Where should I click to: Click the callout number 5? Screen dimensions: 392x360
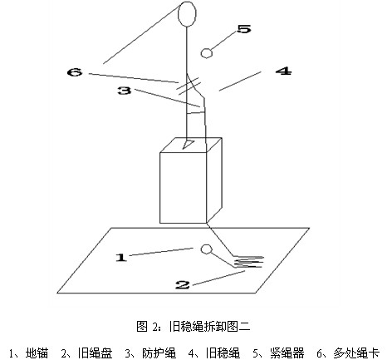[x=244, y=29]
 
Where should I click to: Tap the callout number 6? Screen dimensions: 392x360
[x=75, y=72]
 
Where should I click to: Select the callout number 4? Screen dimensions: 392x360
[x=283, y=71]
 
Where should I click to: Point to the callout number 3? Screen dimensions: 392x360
[x=125, y=91]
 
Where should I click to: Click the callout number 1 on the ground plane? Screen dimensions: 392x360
[x=121, y=258]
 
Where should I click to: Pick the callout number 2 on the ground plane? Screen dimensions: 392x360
[x=183, y=284]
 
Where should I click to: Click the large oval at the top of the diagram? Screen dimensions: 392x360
[x=187, y=14]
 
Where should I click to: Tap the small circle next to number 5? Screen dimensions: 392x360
[x=207, y=53]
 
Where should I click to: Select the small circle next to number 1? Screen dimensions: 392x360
[x=206, y=249]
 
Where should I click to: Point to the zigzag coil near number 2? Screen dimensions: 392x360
[x=247, y=262]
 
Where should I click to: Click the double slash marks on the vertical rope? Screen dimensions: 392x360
[x=189, y=86]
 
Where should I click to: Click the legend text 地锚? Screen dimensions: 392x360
[x=37, y=353]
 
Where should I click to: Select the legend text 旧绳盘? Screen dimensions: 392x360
[x=95, y=353]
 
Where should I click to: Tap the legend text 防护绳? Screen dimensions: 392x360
[x=159, y=353]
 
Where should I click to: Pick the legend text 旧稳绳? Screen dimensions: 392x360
[x=223, y=353]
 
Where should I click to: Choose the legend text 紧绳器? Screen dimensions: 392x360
[x=287, y=353]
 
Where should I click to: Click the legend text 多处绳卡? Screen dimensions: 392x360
[x=356, y=353]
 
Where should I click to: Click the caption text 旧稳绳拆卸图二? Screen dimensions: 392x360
[x=209, y=326]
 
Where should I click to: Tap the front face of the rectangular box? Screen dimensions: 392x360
[x=184, y=188]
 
